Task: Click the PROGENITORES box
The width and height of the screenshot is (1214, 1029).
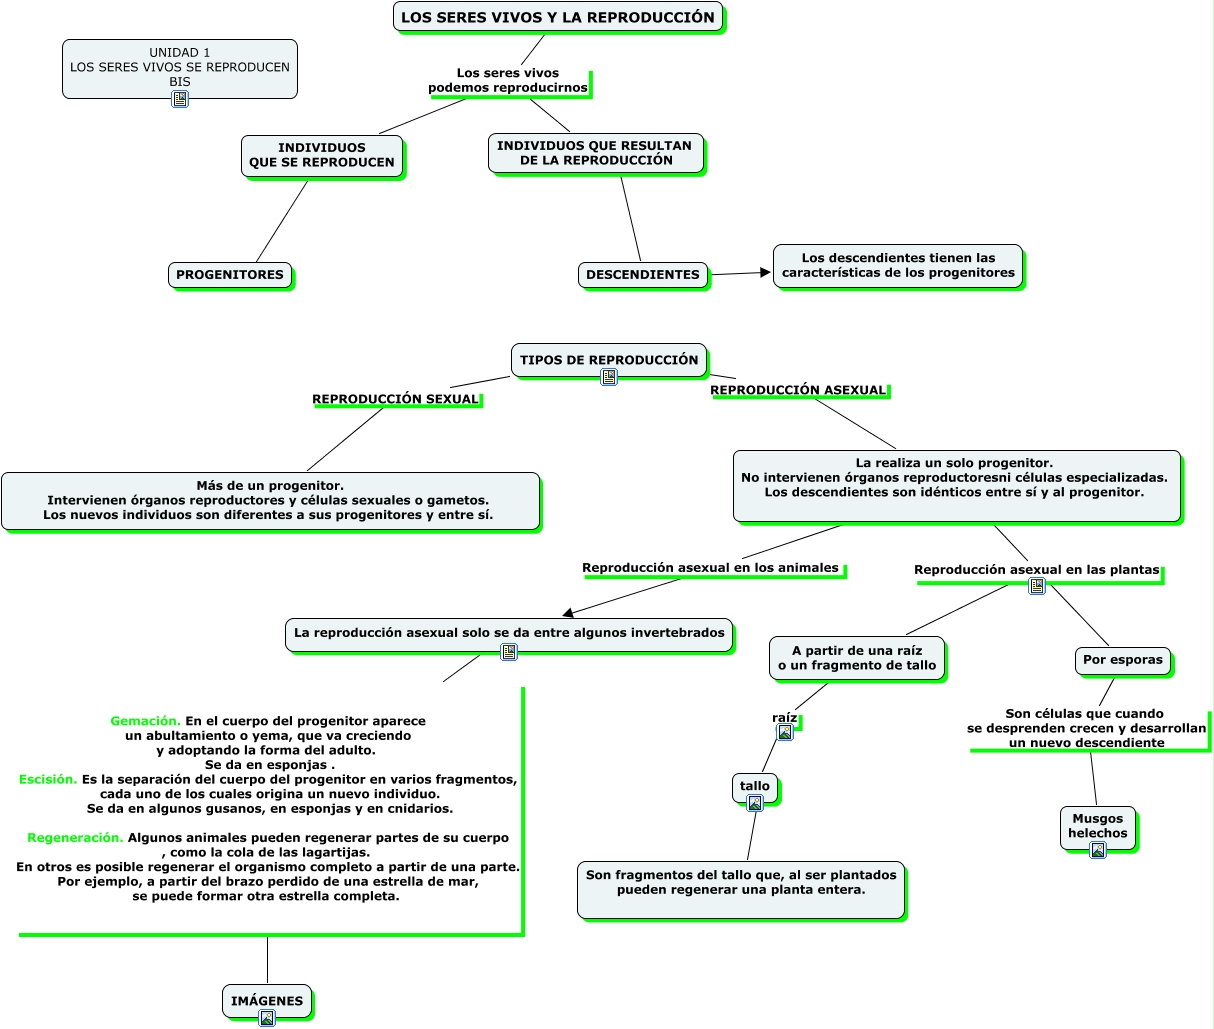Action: [230, 275]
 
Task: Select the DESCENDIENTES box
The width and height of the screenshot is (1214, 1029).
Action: [643, 275]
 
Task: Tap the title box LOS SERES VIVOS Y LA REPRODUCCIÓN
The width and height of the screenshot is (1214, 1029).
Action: [558, 17]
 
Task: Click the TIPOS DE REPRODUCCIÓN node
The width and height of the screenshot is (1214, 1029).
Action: [609, 360]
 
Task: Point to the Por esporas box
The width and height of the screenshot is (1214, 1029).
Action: [1123, 660]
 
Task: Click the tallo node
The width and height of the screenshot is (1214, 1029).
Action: [755, 787]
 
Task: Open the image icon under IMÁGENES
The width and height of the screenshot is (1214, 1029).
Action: [267, 1018]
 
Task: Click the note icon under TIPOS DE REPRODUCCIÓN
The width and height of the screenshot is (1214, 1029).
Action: [609, 377]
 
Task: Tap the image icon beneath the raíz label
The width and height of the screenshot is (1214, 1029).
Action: [785, 732]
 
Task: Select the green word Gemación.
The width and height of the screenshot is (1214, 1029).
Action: [145, 721]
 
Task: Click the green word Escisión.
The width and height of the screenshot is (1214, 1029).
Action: [48, 779]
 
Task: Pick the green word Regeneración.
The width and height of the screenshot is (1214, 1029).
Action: [75, 838]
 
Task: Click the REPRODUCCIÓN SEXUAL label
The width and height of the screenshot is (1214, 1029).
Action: [395, 399]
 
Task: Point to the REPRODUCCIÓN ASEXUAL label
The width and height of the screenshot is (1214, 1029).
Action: [798, 390]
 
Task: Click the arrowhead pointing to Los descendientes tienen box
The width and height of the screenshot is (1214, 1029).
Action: [765, 272]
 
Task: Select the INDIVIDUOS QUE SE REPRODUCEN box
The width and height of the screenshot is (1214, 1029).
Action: [322, 155]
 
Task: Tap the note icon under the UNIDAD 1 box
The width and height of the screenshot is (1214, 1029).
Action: [180, 99]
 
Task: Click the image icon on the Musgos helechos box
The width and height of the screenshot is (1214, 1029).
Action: [1098, 849]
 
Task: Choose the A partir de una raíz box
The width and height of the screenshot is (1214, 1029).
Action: [857, 658]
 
